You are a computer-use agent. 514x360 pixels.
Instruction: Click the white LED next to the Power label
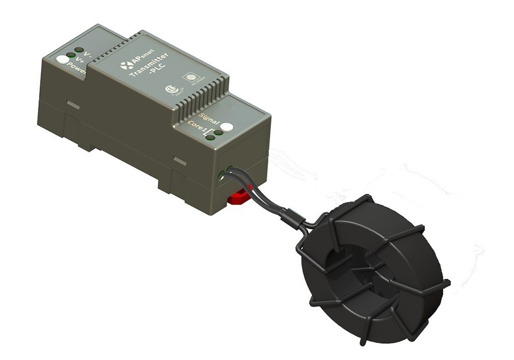click(63, 59)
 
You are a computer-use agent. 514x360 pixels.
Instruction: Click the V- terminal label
click(88, 54)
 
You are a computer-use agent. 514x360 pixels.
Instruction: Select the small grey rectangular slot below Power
click(73, 105)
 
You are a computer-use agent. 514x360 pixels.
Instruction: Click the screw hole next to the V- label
click(79, 50)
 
